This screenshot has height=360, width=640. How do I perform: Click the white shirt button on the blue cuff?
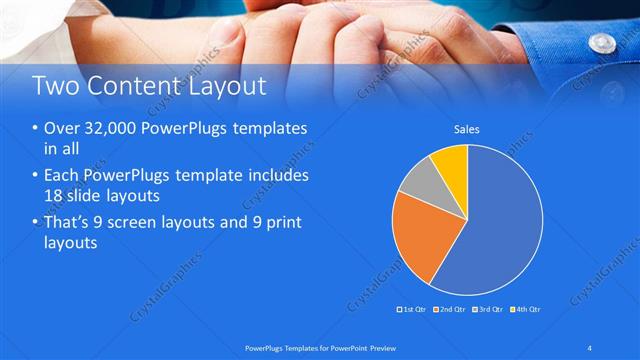pyautogui.click(x=601, y=42)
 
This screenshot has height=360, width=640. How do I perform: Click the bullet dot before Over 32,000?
pyautogui.click(x=36, y=130)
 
